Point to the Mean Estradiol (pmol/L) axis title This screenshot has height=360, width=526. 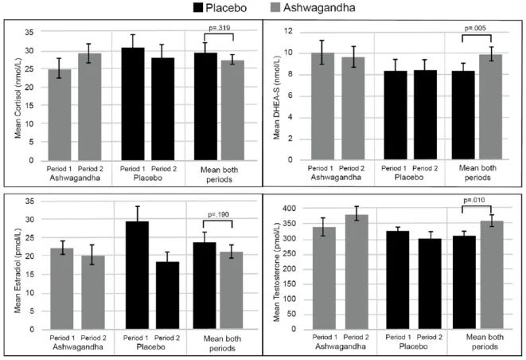tap(17, 262)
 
